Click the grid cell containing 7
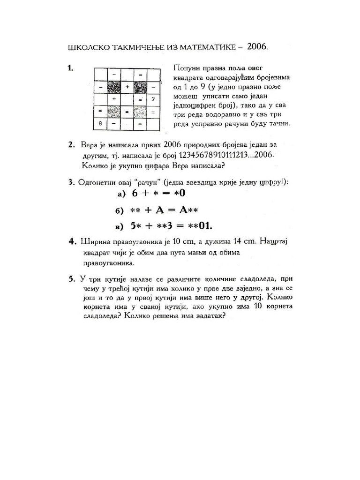coord(153,99)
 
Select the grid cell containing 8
coord(100,124)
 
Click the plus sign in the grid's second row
coord(127,87)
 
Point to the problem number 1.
coord(70,68)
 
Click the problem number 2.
coord(71,144)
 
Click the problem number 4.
coord(72,241)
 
